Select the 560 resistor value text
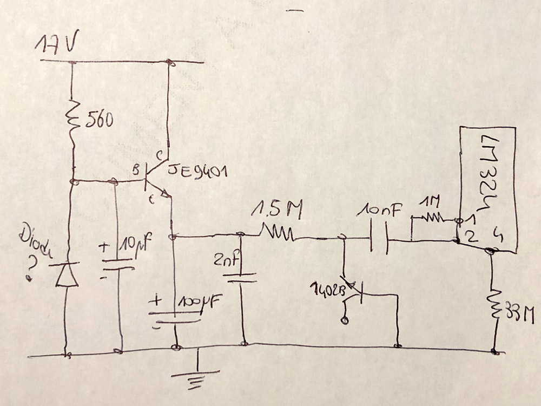[99, 120]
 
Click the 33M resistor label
[517, 313]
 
